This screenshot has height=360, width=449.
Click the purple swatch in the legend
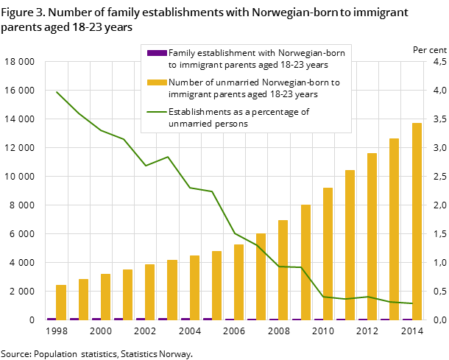[157, 53]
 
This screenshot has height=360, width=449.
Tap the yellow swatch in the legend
[157, 82]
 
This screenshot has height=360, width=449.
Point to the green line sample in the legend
[157, 112]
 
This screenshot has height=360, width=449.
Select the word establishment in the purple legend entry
[233, 53]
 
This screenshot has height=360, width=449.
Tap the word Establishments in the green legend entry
[202, 112]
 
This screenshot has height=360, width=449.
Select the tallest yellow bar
[417, 221]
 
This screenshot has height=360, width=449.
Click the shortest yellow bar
[61, 302]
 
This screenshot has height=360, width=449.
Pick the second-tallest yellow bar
[395, 229]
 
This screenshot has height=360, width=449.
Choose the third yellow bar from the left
[106, 297]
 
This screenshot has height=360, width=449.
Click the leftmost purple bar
[52, 319]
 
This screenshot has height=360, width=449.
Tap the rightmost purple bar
[407, 320]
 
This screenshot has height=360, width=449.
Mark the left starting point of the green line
[57, 92]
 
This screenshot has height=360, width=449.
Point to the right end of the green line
[412, 303]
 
